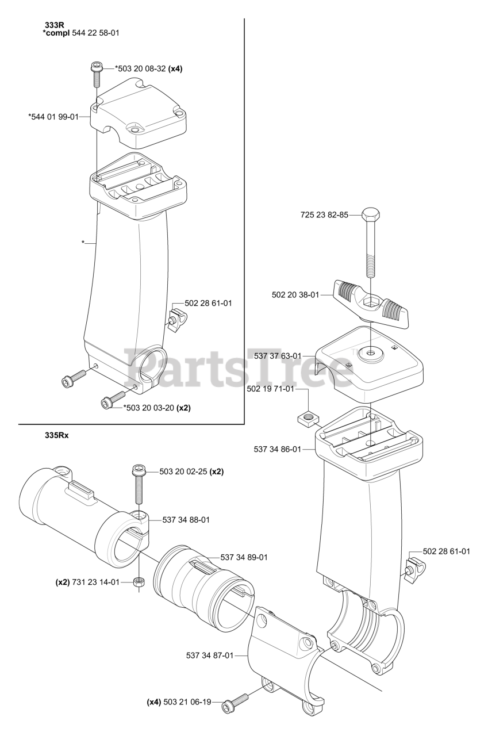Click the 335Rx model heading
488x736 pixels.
pos(56,435)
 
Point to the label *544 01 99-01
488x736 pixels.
pos(53,117)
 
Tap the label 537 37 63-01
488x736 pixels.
pos(277,356)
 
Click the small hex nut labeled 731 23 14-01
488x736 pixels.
pos(138,582)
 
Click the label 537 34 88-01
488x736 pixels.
pos(186,520)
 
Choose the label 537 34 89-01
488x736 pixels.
pos(244,557)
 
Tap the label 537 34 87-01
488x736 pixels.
pos(210,655)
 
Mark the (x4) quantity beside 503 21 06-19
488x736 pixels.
pos(153,701)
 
